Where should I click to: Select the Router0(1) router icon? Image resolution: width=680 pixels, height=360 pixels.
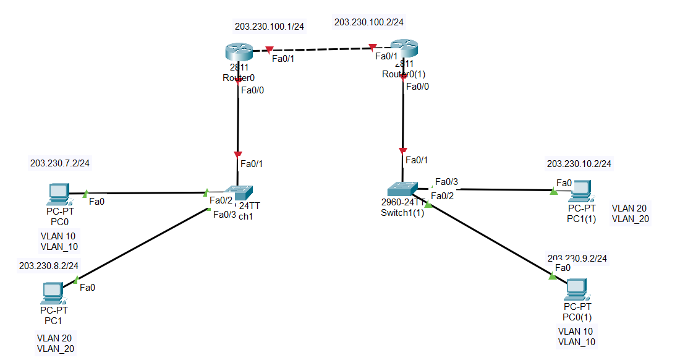404,48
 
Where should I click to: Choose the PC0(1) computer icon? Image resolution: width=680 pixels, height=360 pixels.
577,288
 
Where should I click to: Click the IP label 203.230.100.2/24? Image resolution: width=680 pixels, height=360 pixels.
368,22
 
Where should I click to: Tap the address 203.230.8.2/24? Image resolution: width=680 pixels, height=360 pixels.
49,265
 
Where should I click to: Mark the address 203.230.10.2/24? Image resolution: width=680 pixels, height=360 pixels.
579,164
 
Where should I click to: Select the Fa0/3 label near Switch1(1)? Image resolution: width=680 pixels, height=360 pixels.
446,182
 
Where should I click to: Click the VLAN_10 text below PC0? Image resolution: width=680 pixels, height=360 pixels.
59,247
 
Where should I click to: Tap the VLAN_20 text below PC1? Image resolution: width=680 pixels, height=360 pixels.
56,349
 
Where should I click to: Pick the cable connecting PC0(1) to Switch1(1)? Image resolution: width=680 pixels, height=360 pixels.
488,239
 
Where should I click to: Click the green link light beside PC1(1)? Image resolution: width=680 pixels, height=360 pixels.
553,191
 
